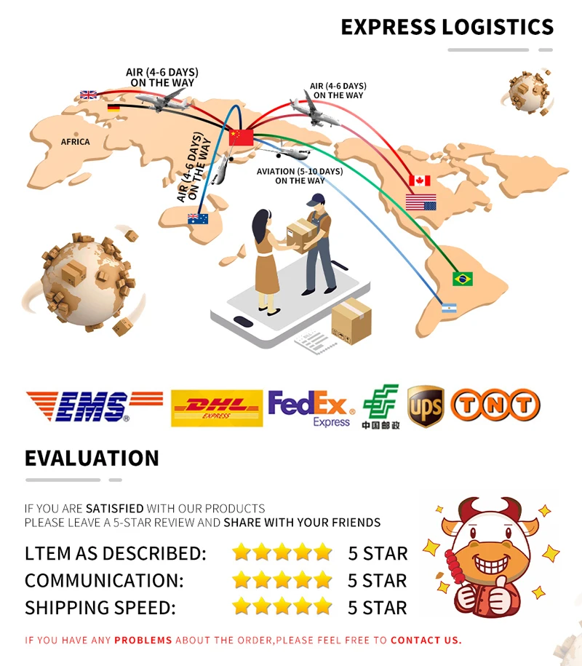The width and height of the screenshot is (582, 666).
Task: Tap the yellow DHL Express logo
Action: coord(216,408)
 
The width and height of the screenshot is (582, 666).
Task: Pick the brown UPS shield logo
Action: coord(426,407)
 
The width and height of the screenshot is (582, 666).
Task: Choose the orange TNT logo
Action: coord(495,405)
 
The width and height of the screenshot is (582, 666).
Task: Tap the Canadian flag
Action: coord(419,181)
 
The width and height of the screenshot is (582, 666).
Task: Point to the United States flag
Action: coord(420,202)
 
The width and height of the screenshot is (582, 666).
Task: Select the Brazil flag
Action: coord(462,279)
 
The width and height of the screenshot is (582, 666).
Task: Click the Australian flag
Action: coord(198,218)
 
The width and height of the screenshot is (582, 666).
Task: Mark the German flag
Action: coord(113,108)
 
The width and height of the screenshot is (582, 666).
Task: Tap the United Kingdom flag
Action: coord(88,95)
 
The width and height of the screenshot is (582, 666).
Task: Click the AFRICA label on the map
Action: coord(76,142)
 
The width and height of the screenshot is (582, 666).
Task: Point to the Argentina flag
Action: coord(449,309)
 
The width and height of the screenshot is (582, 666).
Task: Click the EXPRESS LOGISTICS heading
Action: coord(447,28)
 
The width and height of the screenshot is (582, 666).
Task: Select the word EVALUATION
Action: coord(92,458)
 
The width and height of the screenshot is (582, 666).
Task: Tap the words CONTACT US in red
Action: coord(426,641)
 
